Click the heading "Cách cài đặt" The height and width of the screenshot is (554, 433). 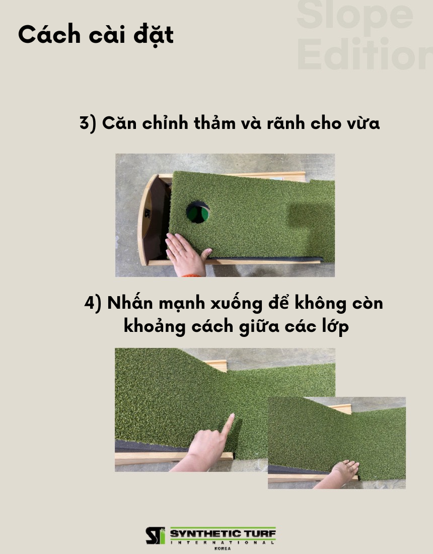pyautogui.click(x=96, y=35)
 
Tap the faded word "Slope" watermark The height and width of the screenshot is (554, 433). pyautogui.click(x=355, y=16)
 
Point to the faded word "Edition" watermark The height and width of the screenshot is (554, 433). pyautogui.click(x=365, y=54)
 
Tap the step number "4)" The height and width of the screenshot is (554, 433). pyautogui.click(x=93, y=303)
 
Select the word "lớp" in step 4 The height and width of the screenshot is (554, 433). pyautogui.click(x=335, y=326)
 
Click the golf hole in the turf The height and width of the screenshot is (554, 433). pyautogui.click(x=198, y=213)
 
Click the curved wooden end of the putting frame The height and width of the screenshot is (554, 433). pyautogui.click(x=144, y=220)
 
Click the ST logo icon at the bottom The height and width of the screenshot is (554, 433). pyautogui.click(x=156, y=536)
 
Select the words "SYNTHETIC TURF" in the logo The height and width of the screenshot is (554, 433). pyautogui.click(x=223, y=533)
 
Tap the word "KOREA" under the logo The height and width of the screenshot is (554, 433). pyautogui.click(x=223, y=548)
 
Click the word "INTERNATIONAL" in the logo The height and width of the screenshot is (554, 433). pyautogui.click(x=223, y=542)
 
